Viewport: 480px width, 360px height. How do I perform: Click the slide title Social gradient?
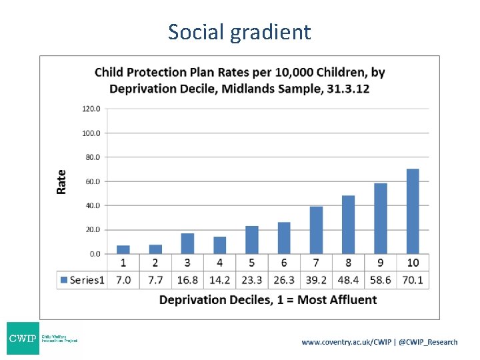tap(239, 31)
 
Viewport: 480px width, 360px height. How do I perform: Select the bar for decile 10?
tap(413, 211)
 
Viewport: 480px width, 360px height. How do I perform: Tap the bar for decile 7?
tap(316, 230)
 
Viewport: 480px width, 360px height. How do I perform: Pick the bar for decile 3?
tap(187, 243)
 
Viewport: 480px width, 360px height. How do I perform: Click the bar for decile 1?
tap(123, 249)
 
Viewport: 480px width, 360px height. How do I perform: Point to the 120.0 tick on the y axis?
tap(91, 109)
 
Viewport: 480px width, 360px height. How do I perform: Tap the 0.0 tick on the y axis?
tap(94, 254)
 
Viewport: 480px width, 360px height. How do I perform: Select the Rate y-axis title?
tap(61, 181)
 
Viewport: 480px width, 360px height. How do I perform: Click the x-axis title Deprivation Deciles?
tap(268, 300)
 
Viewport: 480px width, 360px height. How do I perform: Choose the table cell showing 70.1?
tap(413, 280)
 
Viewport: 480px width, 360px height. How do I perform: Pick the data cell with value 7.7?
tap(155, 280)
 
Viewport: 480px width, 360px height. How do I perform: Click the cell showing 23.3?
tap(252, 280)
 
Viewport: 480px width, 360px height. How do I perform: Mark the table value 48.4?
tap(348, 280)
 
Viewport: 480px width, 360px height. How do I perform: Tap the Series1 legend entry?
tap(82, 280)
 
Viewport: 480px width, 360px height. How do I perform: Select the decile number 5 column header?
tap(252, 263)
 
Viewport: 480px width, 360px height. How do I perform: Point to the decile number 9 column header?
tap(381, 263)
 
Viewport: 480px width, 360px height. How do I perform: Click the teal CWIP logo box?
tap(23, 339)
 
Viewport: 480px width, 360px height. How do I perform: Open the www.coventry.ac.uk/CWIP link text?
tap(347, 342)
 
